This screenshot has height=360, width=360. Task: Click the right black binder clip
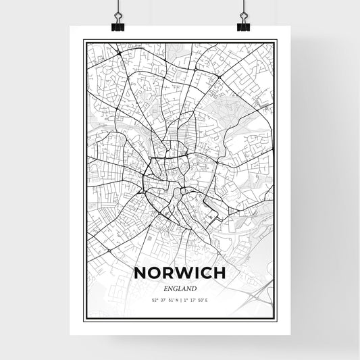click(x=242, y=26)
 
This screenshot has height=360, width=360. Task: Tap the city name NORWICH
click(x=180, y=274)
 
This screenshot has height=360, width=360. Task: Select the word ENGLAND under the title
click(x=180, y=288)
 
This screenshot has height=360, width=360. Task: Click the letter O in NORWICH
click(x=151, y=274)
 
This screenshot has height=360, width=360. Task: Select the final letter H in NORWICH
click(x=221, y=274)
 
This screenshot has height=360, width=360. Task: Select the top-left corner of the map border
click(x=84, y=41)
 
